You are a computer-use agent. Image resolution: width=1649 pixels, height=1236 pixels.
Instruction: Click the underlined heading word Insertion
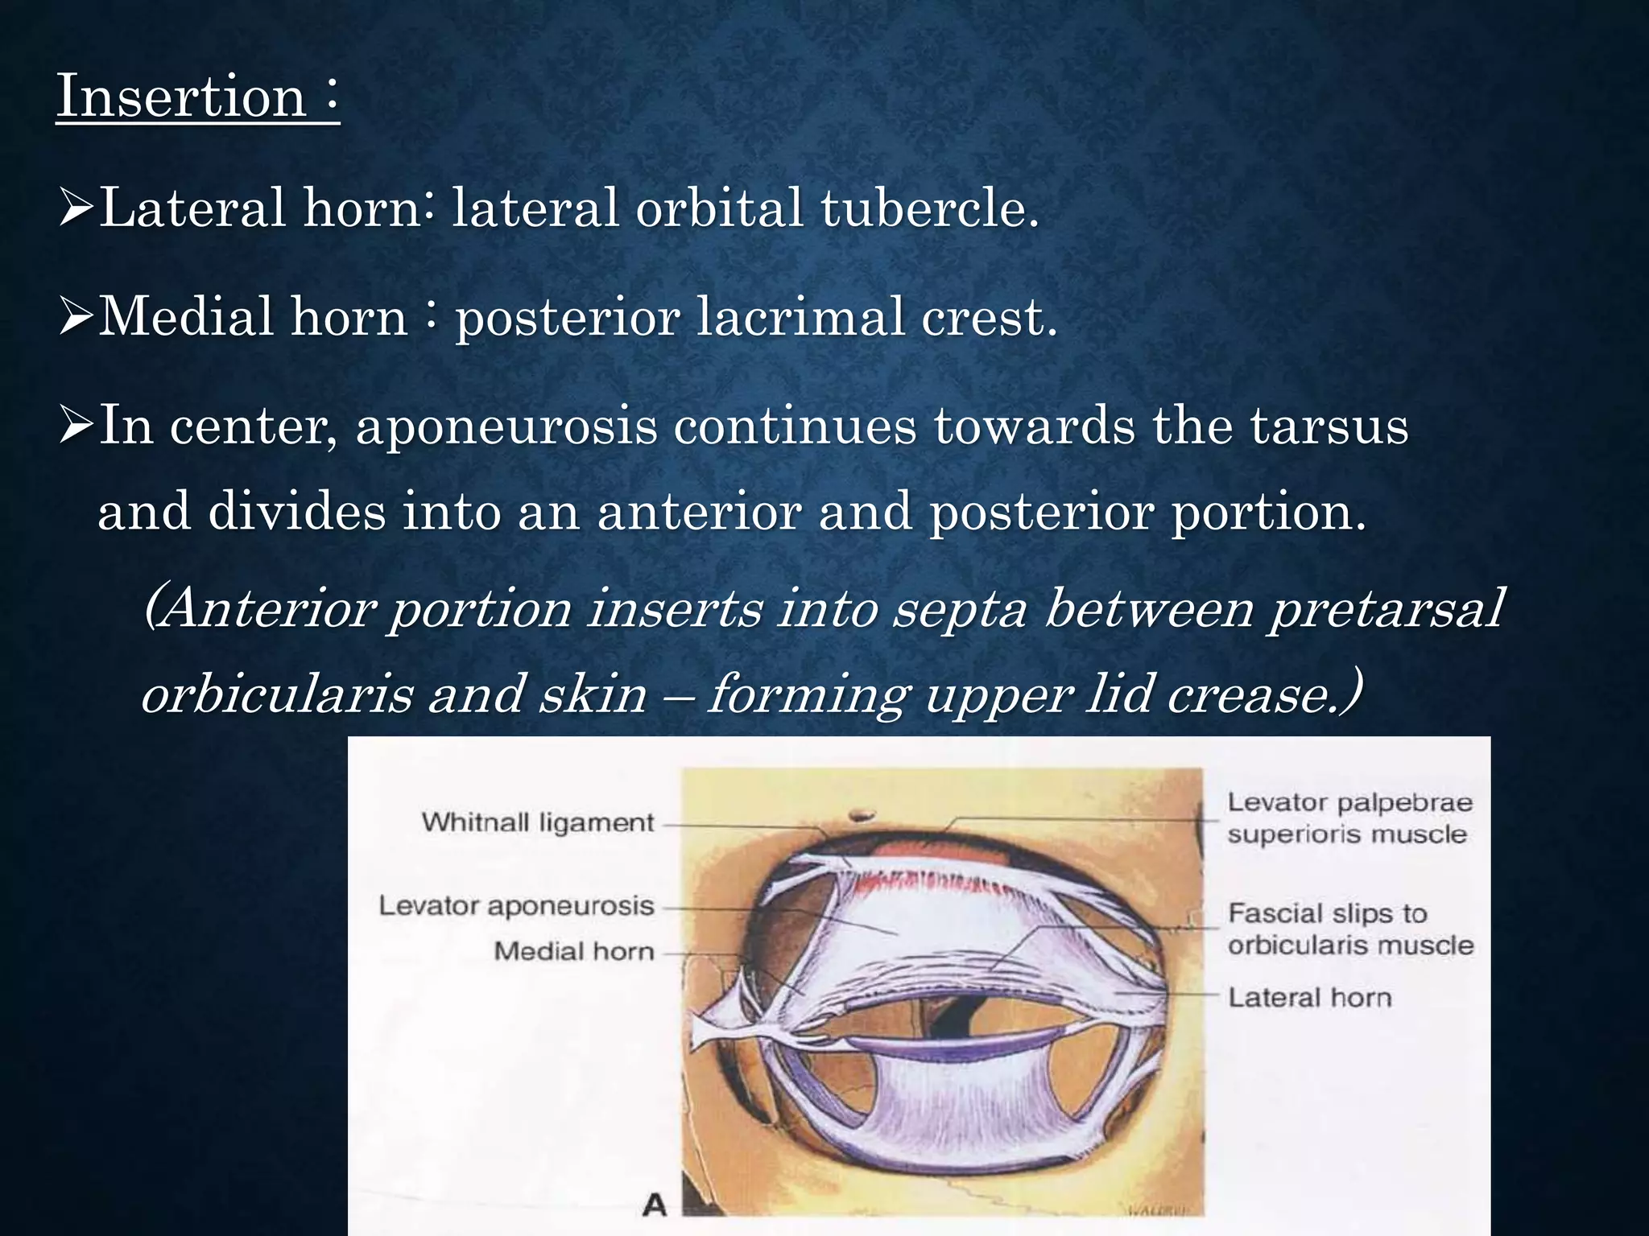[181, 97]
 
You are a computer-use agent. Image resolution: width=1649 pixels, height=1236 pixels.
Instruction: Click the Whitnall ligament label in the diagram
[537, 822]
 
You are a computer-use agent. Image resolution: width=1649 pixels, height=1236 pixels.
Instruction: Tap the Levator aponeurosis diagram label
[515, 906]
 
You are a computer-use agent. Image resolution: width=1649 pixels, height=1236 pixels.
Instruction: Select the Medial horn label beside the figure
[573, 951]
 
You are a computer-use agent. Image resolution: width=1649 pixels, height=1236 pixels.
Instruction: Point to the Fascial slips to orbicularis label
[1349, 929]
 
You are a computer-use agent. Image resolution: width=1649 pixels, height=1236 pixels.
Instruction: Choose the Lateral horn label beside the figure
[1309, 998]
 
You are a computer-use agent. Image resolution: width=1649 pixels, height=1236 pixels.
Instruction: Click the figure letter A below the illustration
[655, 1205]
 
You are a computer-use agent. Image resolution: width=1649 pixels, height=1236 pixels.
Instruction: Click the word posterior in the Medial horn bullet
[568, 316]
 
